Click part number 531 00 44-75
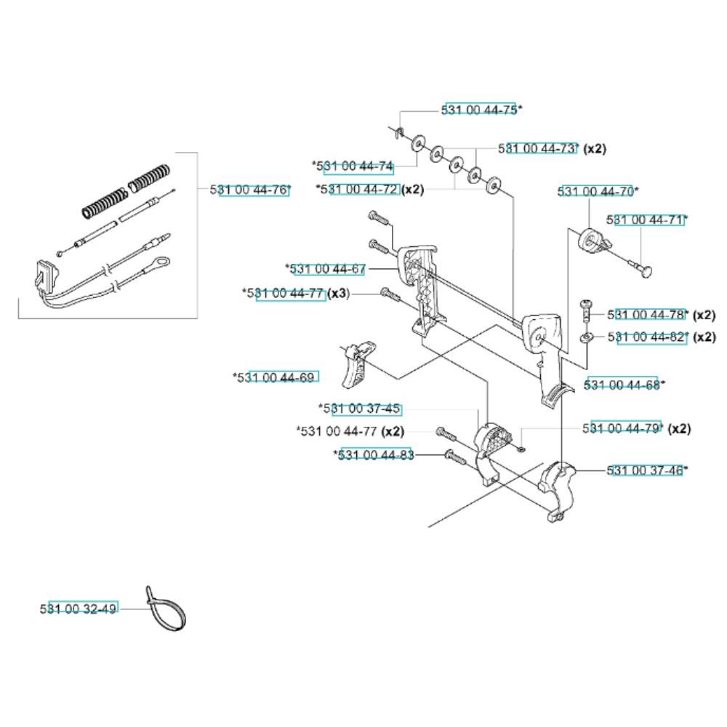click(481, 110)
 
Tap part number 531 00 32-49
click(80, 608)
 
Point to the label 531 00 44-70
click(597, 191)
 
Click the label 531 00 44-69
click(280, 377)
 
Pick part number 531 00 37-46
click(646, 470)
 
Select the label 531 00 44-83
click(376, 455)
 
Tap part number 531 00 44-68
click(622, 384)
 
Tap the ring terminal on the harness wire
click(163, 260)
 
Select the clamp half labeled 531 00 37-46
click(558, 483)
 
